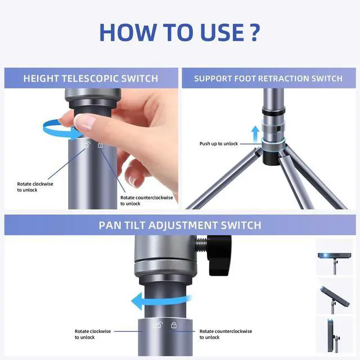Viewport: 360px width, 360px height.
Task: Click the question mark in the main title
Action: (x=254, y=33)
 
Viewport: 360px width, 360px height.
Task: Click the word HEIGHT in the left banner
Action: (x=41, y=79)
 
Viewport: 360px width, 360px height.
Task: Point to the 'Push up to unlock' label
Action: (x=219, y=144)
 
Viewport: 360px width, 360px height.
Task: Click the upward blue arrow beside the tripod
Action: (x=255, y=134)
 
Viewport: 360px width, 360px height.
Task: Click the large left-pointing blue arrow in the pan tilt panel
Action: (x=161, y=301)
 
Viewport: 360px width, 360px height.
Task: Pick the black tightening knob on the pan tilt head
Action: (x=219, y=254)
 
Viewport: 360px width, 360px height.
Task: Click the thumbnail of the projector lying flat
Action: (x=335, y=258)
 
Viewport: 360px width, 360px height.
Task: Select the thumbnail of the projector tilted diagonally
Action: (x=335, y=296)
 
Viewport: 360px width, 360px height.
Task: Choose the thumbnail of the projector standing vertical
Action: (x=335, y=335)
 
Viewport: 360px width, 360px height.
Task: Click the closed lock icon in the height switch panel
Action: (x=100, y=145)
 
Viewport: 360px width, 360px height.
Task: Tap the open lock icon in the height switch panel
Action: (x=87, y=145)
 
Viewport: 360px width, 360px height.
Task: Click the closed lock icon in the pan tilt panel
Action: (x=174, y=325)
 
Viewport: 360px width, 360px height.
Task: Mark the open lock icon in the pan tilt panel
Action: (x=158, y=325)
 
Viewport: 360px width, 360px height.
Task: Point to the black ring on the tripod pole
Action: (x=273, y=111)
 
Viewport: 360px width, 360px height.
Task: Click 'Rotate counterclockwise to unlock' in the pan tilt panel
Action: (x=226, y=334)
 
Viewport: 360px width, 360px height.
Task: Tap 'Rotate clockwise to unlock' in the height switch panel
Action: (x=35, y=187)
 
